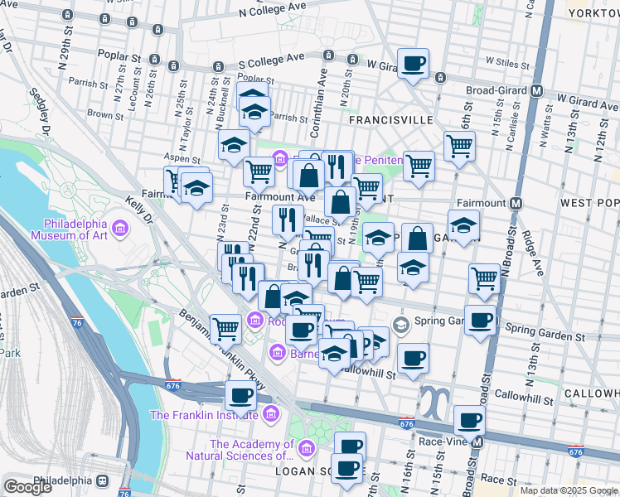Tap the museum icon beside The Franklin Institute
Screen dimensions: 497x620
[x=269, y=415]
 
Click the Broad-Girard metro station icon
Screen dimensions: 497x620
[x=538, y=91]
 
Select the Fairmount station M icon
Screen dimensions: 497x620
[x=516, y=203]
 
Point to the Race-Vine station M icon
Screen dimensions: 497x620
[x=478, y=442]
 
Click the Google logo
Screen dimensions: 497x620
[x=27, y=486]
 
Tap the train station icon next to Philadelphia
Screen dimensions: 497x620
[x=104, y=480]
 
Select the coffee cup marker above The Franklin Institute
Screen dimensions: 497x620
[x=240, y=394]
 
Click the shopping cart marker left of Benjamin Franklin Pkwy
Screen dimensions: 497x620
[x=225, y=328]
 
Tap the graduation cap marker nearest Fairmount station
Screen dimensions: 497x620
[x=463, y=224]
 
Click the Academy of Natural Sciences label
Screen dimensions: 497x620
[x=251, y=450]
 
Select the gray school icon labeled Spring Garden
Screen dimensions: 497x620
[x=401, y=322]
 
